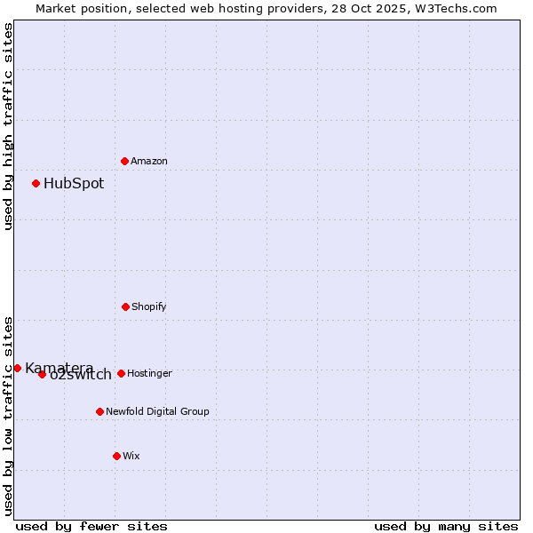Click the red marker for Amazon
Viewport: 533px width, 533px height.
[125, 161]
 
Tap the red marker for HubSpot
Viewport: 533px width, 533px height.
[36, 184]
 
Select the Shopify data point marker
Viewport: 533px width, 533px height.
[125, 306]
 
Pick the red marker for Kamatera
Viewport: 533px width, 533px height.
[17, 368]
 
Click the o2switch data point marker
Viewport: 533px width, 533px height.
[42, 374]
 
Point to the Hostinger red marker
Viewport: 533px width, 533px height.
[121, 373]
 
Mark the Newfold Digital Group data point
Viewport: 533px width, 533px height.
[99, 411]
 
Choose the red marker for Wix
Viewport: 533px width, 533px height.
[116, 456]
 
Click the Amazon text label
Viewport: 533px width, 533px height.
[149, 161]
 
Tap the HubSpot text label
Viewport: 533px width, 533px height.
[74, 184]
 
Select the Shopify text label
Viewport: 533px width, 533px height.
[149, 306]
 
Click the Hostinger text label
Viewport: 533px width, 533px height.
[149, 373]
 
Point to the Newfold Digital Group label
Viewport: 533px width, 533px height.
[157, 411]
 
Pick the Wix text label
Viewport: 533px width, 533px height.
[131, 456]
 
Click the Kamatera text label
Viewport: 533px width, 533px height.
[59, 368]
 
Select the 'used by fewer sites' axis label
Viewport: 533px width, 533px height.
[91, 526]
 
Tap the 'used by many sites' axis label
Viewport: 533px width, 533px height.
[446, 526]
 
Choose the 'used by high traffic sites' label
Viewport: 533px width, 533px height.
[8, 126]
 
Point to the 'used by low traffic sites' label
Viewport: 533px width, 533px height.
[8, 416]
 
